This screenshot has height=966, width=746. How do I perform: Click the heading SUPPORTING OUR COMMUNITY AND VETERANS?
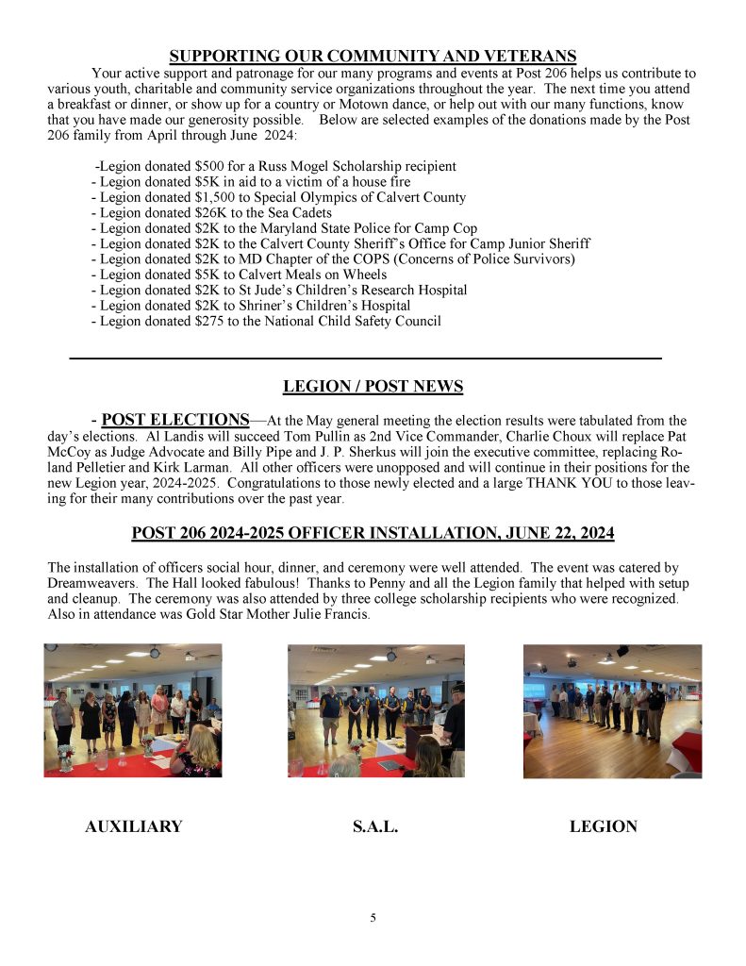[373, 57]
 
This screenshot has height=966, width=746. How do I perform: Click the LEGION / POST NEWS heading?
[373, 387]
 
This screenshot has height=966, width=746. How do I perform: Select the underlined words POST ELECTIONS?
[175, 420]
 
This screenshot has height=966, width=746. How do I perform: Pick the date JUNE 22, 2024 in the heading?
[552, 534]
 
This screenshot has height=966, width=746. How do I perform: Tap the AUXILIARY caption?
[133, 827]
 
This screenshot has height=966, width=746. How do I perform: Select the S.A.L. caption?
[375, 827]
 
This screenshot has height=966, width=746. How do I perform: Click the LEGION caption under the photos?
[604, 827]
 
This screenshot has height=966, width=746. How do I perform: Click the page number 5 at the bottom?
[373, 918]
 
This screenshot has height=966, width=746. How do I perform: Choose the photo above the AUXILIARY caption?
[133, 710]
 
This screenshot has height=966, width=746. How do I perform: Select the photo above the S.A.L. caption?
[376, 710]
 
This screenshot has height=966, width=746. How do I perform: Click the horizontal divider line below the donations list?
[366, 358]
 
